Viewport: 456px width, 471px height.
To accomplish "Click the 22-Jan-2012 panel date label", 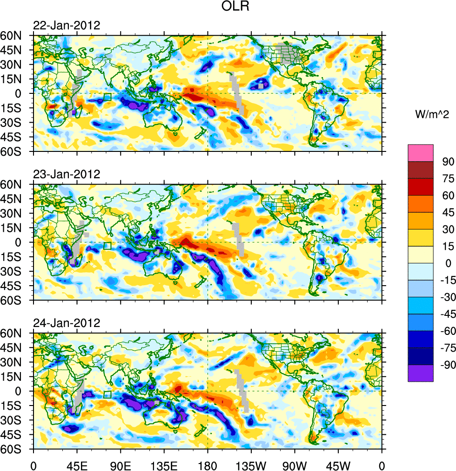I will pyautogui.click(x=67, y=26).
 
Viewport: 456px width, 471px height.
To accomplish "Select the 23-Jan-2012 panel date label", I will pyautogui.click(x=67, y=175).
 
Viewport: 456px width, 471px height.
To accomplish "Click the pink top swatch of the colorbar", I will pyautogui.click(x=421, y=153).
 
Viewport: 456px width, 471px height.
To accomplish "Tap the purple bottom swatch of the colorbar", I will pyautogui.click(x=421, y=373).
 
